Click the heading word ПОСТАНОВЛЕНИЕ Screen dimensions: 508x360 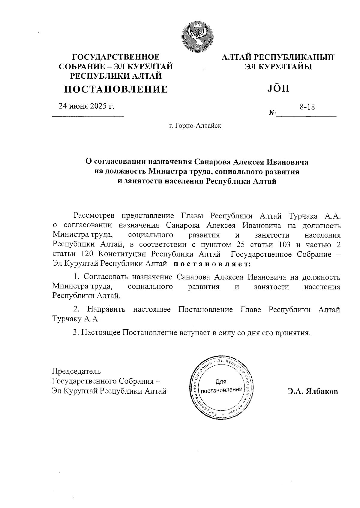pyautogui.click(x=116, y=89)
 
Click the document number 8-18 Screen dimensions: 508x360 pyautogui.click(x=307, y=107)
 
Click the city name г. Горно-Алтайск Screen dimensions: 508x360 pyautogui.click(x=195, y=125)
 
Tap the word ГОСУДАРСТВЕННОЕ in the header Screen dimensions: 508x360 pyautogui.click(x=116, y=57)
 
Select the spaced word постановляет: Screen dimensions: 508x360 pyautogui.click(x=212, y=264)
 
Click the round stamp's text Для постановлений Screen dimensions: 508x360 pyautogui.click(x=221, y=387)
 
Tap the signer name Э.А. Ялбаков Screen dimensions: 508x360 pyautogui.click(x=313, y=392)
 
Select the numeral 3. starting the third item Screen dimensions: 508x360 pyautogui.click(x=76, y=333)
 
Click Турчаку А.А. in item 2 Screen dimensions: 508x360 pyautogui.click(x=76, y=319)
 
